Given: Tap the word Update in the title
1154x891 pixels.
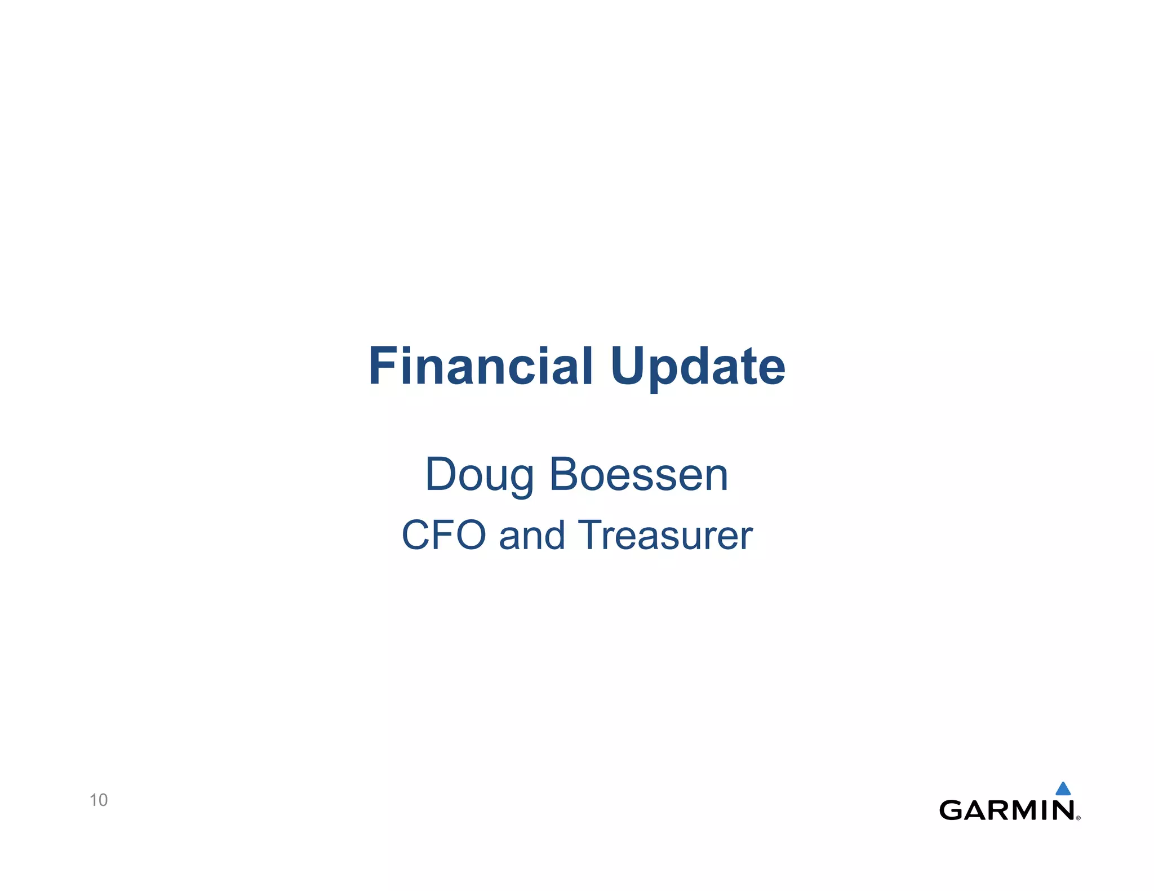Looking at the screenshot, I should click(698, 367).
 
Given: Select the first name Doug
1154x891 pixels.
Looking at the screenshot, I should click(480, 475).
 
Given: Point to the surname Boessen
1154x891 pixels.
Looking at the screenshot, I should click(638, 474).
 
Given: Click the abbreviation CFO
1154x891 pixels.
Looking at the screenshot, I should click(443, 534).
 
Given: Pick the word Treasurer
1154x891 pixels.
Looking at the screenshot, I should click(665, 534).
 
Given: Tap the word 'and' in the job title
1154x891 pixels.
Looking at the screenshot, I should click(532, 534).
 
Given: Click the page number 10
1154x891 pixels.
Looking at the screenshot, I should click(99, 800).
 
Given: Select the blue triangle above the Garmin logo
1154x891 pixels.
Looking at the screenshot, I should click(1063, 788).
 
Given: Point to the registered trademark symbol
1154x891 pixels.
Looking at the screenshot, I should click(1078, 818).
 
